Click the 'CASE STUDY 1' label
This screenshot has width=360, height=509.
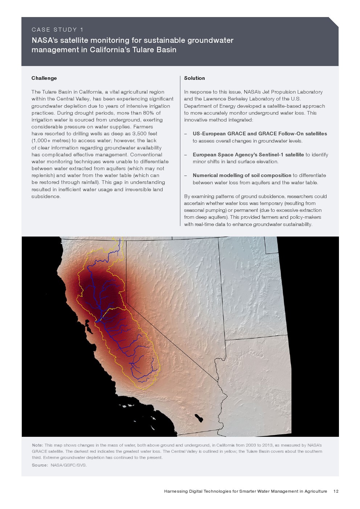pyautogui.click(x=57, y=30)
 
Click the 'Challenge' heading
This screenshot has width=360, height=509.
pyautogui.click(x=44, y=78)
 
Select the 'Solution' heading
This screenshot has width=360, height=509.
pyautogui.click(x=195, y=78)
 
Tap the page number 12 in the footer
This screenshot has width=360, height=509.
pyautogui.click(x=336, y=491)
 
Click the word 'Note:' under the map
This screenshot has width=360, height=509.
pyautogui.click(x=37, y=445)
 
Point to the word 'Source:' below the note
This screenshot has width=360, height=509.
pyautogui.click(x=40, y=465)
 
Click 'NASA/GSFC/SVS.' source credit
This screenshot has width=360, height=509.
pyautogui.click(x=69, y=465)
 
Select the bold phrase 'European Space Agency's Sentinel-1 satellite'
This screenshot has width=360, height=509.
pyautogui.click(x=248, y=155)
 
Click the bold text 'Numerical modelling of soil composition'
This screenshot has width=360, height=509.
pyautogui.click(x=242, y=175)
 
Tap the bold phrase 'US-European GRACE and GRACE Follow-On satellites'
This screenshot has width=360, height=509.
pyautogui.click(x=260, y=134)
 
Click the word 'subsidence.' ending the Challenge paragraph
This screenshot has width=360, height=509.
pyautogui.click(x=46, y=196)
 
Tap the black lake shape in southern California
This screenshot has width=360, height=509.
pyautogui.click(x=199, y=418)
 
